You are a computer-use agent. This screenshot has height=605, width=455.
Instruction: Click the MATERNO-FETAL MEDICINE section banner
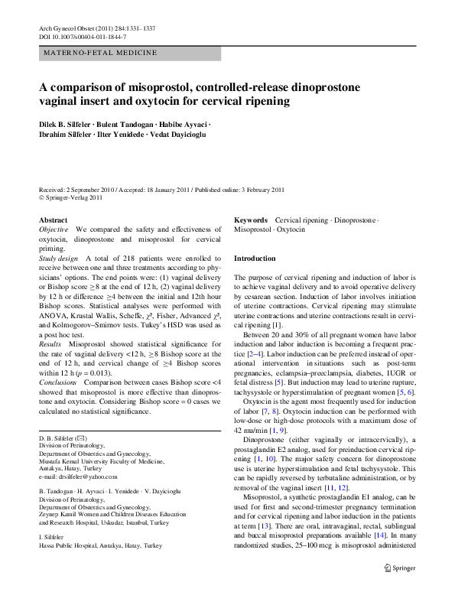[99, 53]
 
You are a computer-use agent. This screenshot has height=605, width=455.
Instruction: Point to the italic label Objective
[54, 229]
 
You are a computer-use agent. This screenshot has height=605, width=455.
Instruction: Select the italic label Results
[51, 324]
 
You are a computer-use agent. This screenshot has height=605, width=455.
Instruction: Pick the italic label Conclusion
[57, 381]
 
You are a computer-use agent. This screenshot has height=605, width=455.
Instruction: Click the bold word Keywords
[251, 220]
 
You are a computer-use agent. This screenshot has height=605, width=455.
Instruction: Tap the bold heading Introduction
[254, 259]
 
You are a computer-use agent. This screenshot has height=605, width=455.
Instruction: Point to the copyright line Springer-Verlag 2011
[73, 198]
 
